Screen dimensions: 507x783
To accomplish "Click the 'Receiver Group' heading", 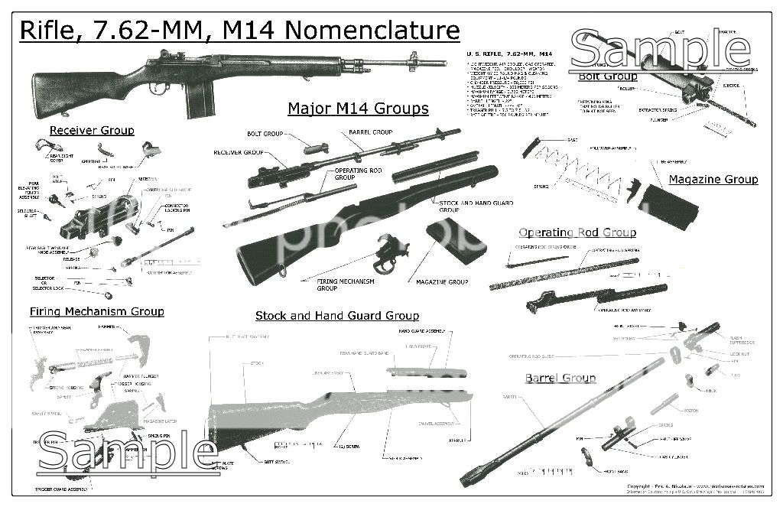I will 92,131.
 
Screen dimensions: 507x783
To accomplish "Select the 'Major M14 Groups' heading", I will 358,109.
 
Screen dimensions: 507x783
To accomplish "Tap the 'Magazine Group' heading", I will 713,180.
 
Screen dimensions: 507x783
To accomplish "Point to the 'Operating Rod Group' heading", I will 577,232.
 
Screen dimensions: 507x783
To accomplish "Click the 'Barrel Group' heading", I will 560,379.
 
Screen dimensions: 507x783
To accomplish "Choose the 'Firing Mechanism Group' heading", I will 97,312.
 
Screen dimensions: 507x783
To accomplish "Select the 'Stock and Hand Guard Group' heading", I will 336,316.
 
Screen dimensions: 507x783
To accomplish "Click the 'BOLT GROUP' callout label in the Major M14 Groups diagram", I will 265,134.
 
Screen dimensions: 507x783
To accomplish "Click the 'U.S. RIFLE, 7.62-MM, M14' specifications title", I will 509,54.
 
